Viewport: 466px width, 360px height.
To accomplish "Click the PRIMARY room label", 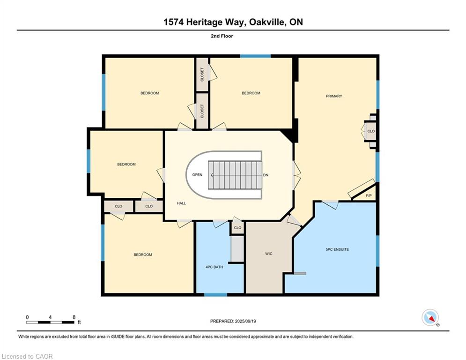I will (334, 96).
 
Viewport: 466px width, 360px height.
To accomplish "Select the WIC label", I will (268, 254).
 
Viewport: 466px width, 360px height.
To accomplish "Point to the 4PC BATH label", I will (214, 267).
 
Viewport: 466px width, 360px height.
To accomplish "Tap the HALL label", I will (182, 203).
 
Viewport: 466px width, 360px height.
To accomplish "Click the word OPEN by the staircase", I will (197, 175).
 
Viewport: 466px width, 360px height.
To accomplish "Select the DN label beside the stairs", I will (266, 175).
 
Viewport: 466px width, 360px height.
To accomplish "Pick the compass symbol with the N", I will (429, 317).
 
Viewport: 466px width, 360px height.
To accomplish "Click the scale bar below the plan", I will (51, 322).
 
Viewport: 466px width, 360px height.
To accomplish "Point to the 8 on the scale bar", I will (74, 317).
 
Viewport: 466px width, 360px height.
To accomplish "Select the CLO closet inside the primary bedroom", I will (371, 131).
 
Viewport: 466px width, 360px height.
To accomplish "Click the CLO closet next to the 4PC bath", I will (237, 228).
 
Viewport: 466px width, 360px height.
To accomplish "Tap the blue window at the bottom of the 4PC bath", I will (215, 294).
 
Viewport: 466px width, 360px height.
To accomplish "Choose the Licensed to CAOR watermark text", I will (28, 356).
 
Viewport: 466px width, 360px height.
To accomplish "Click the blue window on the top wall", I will (255, 56).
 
